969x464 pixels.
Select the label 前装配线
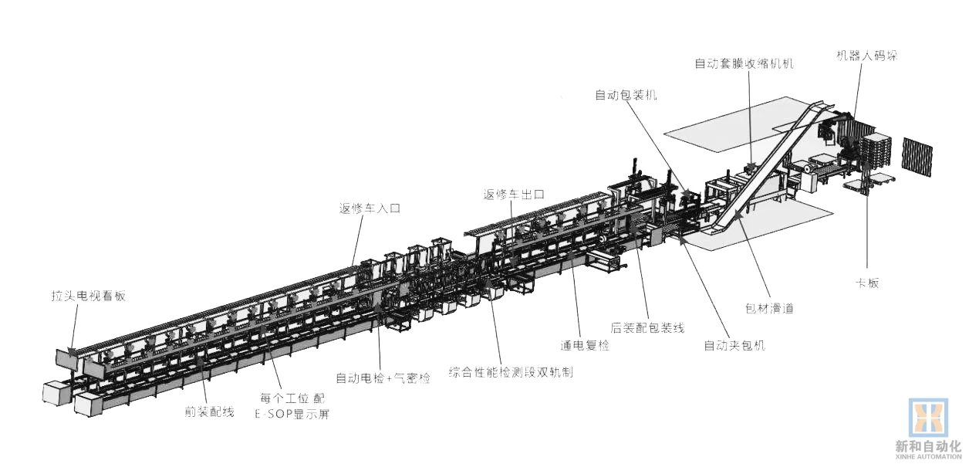[x=209, y=412]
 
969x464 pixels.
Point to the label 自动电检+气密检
[x=383, y=378]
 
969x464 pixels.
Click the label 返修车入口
[x=370, y=208]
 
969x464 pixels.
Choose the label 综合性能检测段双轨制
[x=512, y=372]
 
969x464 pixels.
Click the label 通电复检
[x=584, y=345]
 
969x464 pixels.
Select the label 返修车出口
[x=514, y=194]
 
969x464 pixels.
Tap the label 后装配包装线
[x=647, y=328]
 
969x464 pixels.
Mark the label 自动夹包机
[x=734, y=345]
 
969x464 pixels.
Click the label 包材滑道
[x=768, y=308]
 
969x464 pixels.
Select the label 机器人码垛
[x=867, y=56]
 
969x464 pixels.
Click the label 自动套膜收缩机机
[x=744, y=63]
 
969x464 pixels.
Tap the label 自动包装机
[x=626, y=95]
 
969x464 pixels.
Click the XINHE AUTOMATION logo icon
[x=928, y=418]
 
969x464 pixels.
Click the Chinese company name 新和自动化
[x=928, y=445]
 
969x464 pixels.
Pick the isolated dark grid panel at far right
[x=917, y=157]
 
